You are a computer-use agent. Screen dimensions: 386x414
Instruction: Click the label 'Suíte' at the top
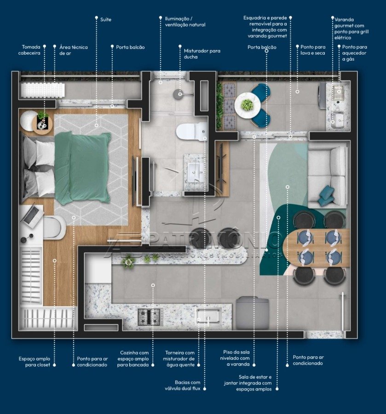(x=106, y=19)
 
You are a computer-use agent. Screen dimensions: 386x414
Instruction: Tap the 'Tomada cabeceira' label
(x=29, y=50)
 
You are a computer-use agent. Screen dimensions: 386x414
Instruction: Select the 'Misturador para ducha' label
(x=202, y=54)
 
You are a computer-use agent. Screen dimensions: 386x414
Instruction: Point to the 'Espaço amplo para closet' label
(x=35, y=362)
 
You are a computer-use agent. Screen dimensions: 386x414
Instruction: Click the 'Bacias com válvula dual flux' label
(x=183, y=385)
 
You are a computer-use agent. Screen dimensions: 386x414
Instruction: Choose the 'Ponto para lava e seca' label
(x=313, y=50)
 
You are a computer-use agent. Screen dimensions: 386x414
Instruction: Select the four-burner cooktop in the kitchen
(x=149, y=317)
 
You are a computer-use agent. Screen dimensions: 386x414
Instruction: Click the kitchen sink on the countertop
(x=208, y=316)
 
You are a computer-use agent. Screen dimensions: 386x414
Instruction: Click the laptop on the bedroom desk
(x=31, y=215)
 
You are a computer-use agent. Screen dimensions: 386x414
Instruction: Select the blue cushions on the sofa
(x=326, y=195)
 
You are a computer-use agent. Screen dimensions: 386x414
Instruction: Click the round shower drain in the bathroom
(x=180, y=94)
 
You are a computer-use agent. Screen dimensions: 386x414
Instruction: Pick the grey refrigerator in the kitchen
(x=252, y=313)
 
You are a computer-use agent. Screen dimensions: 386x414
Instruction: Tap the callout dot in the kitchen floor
(x=153, y=285)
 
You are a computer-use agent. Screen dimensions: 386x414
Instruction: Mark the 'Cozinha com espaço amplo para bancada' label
(x=133, y=358)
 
